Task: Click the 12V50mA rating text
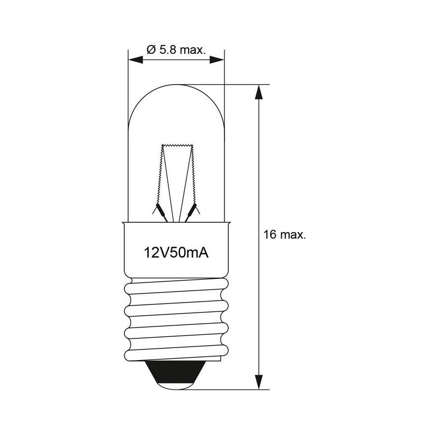176,253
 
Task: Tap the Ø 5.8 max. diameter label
176,50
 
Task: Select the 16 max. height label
285,234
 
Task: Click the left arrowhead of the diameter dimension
136,59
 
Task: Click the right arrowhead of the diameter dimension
217,59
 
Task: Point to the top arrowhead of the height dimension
259,92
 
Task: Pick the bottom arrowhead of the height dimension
259,382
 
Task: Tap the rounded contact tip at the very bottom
175,386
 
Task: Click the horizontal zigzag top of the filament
177,145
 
